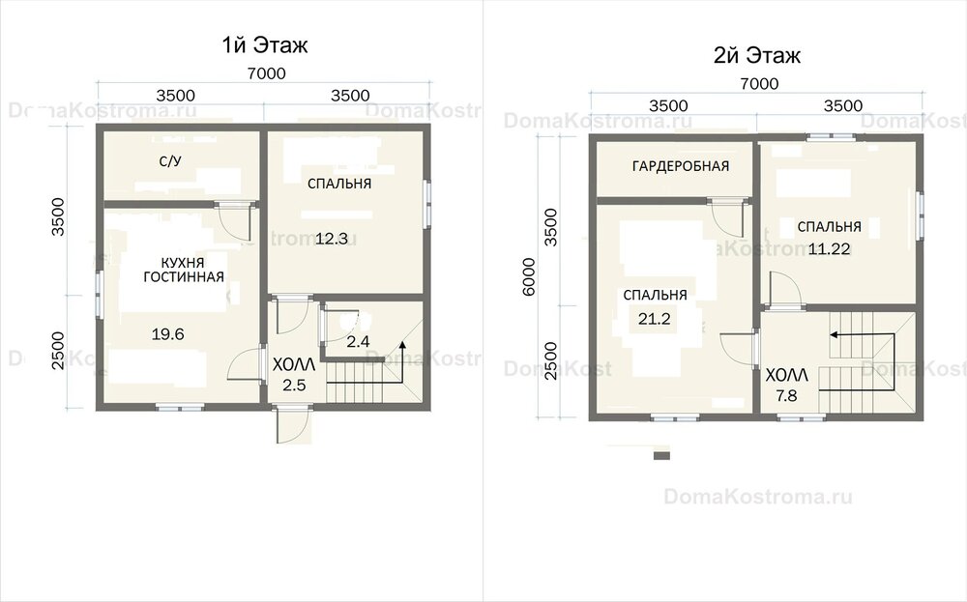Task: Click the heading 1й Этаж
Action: pyautogui.click(x=265, y=45)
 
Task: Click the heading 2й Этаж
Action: pyautogui.click(x=757, y=55)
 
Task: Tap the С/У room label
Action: pyautogui.click(x=170, y=161)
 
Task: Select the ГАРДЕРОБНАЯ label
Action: pyautogui.click(x=681, y=166)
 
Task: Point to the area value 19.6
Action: pyautogui.click(x=167, y=334)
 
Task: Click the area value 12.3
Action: pyautogui.click(x=332, y=239)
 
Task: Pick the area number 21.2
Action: pyautogui.click(x=655, y=319)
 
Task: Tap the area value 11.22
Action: pyautogui.click(x=829, y=249)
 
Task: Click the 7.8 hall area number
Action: pyautogui.click(x=786, y=395)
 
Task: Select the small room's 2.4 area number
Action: pyautogui.click(x=358, y=341)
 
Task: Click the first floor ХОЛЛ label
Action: pyautogui.click(x=294, y=364)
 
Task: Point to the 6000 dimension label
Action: pyautogui.click(x=529, y=276)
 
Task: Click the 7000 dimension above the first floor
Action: pyautogui.click(x=267, y=73)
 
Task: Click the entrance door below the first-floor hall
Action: pyautogui.click(x=293, y=425)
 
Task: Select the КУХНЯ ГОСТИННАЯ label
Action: pyautogui.click(x=183, y=270)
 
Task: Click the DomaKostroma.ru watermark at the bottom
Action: pyautogui.click(x=758, y=497)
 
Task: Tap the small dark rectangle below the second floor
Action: pyautogui.click(x=661, y=456)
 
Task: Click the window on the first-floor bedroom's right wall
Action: pyautogui.click(x=426, y=203)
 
